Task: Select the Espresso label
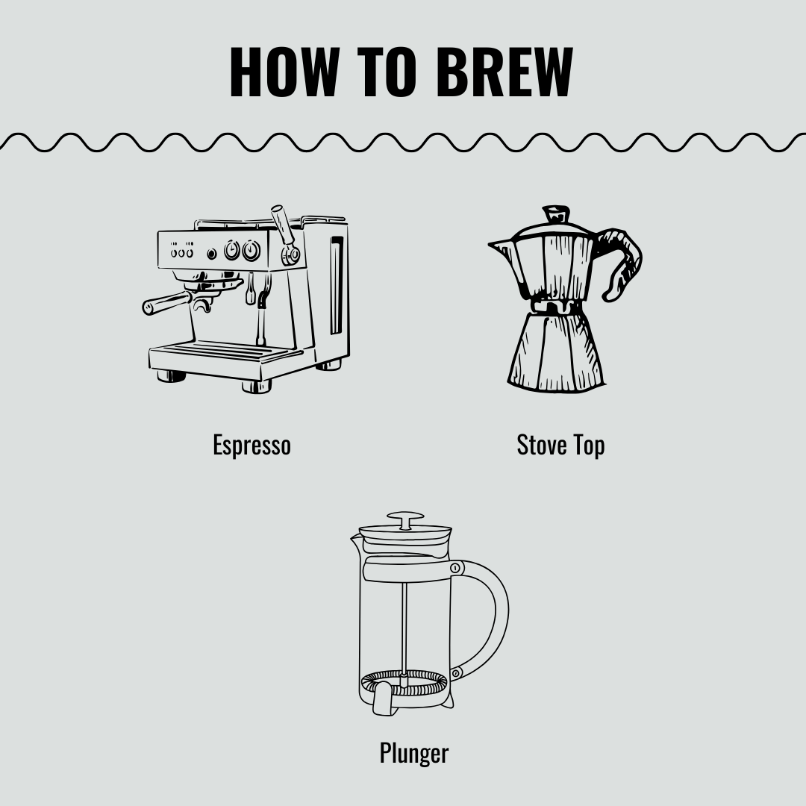pos(252,445)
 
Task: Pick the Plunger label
pos(413,752)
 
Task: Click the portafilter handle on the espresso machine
pos(166,303)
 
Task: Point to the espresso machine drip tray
pos(216,350)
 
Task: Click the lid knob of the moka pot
pos(555,215)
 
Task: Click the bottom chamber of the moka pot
pos(555,351)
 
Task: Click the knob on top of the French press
pos(405,517)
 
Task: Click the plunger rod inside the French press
pos(404,627)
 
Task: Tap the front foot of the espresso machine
pos(256,387)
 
